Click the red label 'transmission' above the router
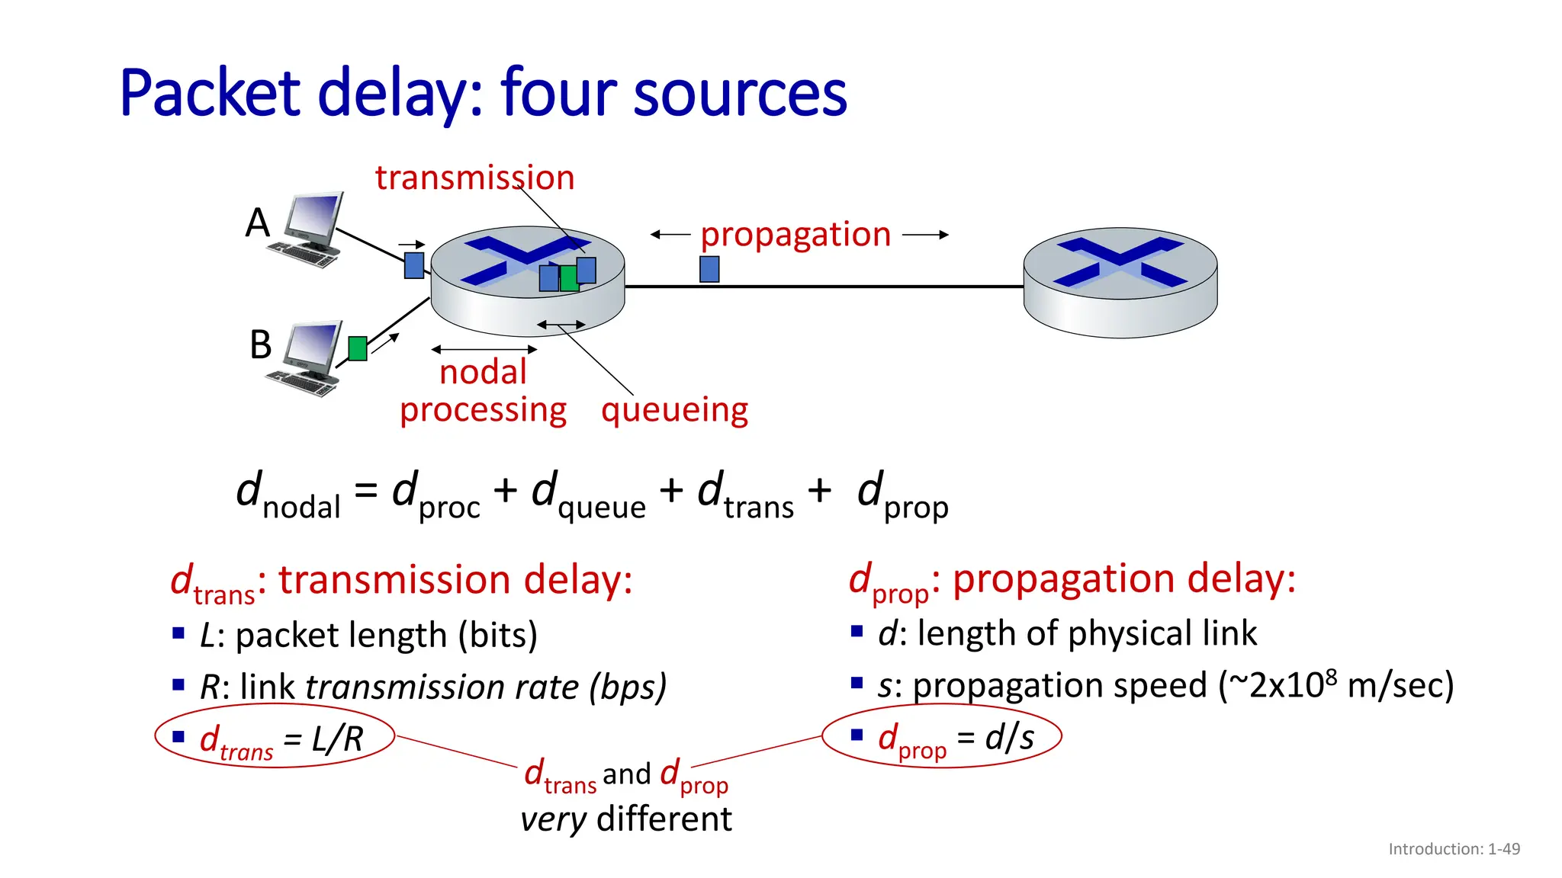click(x=474, y=178)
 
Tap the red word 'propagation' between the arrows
click(x=795, y=235)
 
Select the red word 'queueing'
click(x=674, y=411)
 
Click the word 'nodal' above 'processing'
click(x=483, y=373)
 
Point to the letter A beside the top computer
click(x=258, y=223)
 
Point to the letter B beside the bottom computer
click(x=261, y=345)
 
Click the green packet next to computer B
click(x=358, y=348)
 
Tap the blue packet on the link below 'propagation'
click(x=709, y=269)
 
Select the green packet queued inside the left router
click(x=568, y=278)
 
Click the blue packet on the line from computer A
click(x=414, y=265)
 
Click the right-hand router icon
click(x=1120, y=282)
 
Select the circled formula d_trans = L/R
click(x=275, y=739)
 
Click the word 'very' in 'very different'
click(x=553, y=820)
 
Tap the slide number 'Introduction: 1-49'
click(x=1454, y=849)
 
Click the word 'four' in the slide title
click(x=560, y=94)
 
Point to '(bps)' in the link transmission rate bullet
click(x=628, y=687)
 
